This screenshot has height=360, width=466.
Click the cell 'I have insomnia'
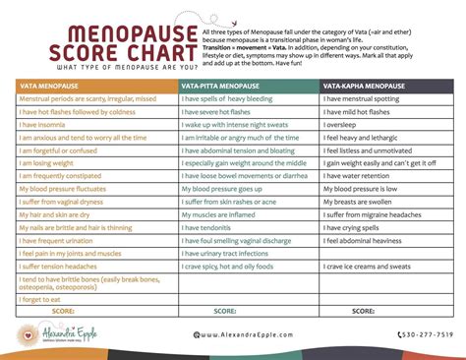coord(44,127)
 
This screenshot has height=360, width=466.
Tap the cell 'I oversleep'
coord(344,127)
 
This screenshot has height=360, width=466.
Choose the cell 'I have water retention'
coord(361,175)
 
